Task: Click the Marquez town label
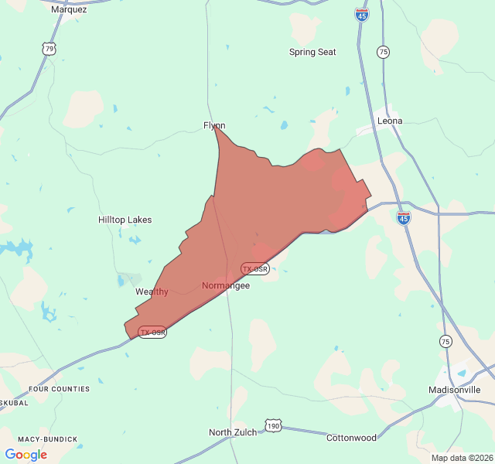pos(69,10)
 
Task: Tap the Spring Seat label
pos(312,52)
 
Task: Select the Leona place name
pos(389,121)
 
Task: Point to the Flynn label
pos(214,125)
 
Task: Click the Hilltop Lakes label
pos(125,220)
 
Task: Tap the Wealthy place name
pos(152,292)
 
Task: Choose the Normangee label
pos(226,285)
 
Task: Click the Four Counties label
pos(59,389)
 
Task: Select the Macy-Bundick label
pos(47,439)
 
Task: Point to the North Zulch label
pos(233,432)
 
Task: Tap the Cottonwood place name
pos(351,438)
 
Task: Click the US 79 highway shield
pos(49,49)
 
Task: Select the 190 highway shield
pos(272,426)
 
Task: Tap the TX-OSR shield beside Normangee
pos(254,269)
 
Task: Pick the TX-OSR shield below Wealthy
pos(152,332)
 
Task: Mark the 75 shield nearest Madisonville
pos(445,341)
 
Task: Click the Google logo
pos(26,455)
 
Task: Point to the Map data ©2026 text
pos(461,457)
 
